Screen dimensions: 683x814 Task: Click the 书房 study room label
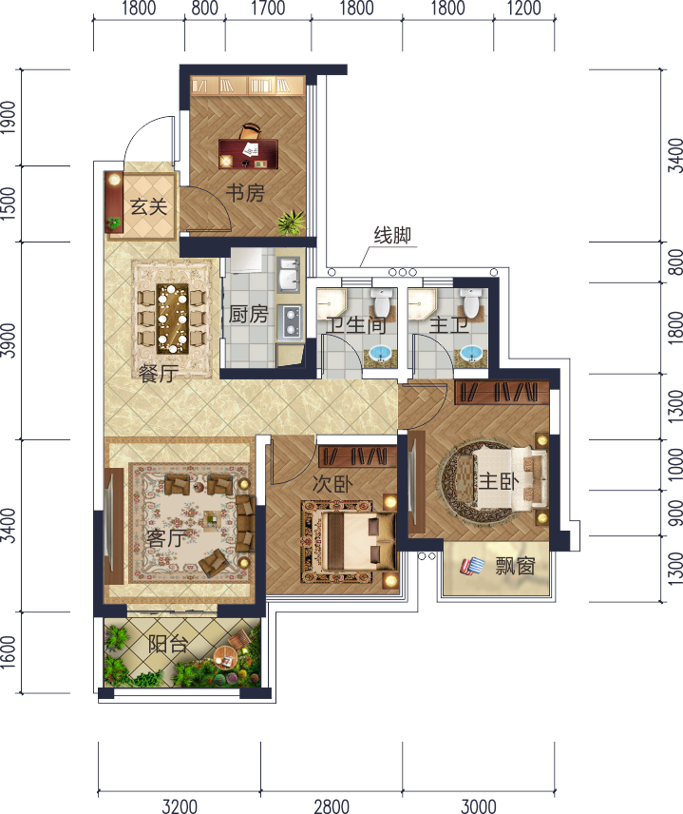click(x=245, y=193)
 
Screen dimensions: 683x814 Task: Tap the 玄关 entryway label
click(x=148, y=206)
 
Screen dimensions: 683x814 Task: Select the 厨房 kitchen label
click(x=249, y=314)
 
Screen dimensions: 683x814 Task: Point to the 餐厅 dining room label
click(x=159, y=374)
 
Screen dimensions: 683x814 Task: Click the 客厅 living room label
click(x=166, y=538)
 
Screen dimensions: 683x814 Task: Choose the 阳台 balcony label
click(x=167, y=644)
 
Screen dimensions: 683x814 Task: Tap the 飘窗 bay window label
click(x=515, y=566)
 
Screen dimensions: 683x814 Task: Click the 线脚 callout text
click(x=392, y=235)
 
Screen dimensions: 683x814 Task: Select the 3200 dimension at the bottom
click(x=180, y=806)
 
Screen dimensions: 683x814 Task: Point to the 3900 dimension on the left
click(x=9, y=340)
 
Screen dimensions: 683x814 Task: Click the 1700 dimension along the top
click(x=268, y=9)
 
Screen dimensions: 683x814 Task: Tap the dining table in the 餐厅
click(x=173, y=319)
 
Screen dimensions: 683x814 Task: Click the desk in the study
click(x=248, y=154)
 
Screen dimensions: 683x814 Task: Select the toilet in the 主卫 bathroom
click(x=471, y=303)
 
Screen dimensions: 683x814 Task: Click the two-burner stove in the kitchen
click(x=290, y=321)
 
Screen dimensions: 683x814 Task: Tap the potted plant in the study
click(x=291, y=223)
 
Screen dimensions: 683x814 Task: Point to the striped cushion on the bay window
click(x=472, y=566)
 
